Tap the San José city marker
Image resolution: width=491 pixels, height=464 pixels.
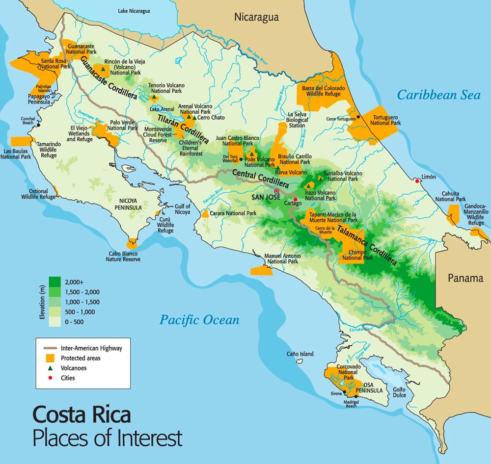pyautogui.click(x=276, y=191)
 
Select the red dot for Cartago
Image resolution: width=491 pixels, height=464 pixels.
pyautogui.click(x=295, y=199)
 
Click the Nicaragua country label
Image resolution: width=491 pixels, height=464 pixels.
pyautogui.click(x=256, y=17)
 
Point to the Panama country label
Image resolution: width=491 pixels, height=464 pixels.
pyautogui.click(x=465, y=278)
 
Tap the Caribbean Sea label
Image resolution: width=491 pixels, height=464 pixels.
pyautogui.click(x=438, y=95)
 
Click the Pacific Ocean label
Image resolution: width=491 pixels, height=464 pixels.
pyautogui.click(x=199, y=320)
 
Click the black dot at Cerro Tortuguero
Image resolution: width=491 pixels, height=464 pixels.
pyautogui.click(x=359, y=116)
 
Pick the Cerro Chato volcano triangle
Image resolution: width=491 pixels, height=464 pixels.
pyautogui.click(x=194, y=118)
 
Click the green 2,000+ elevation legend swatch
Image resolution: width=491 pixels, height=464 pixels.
pyautogui.click(x=55, y=282)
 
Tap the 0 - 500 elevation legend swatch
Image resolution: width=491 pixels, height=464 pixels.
pyautogui.click(x=55, y=321)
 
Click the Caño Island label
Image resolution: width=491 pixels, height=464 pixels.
pyautogui.click(x=300, y=354)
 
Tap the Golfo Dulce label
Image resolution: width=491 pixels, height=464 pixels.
pyautogui.click(x=398, y=392)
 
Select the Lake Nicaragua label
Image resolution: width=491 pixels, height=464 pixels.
pyautogui.click(x=135, y=10)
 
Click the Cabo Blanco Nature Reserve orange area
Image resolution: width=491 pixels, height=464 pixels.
pyautogui.click(x=132, y=244)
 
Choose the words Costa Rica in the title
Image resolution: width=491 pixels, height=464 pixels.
pyautogui.click(x=82, y=415)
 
